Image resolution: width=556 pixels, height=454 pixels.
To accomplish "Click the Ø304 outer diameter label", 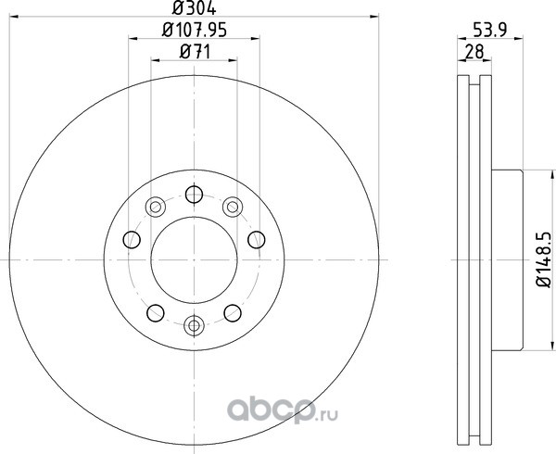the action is click(x=194, y=7).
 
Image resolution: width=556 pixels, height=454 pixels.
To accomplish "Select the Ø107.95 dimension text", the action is click(x=194, y=31).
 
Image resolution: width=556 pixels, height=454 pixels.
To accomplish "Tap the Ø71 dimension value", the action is click(x=195, y=52).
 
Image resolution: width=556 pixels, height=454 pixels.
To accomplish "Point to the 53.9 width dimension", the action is click(x=490, y=31).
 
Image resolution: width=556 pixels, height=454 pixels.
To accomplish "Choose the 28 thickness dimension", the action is click(x=474, y=52).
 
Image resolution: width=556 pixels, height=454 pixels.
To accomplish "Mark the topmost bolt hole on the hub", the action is click(x=194, y=195).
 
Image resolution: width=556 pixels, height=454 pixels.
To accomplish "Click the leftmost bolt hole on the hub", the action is click(x=132, y=240).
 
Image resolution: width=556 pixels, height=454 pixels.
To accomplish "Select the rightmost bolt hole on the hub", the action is click(x=257, y=240).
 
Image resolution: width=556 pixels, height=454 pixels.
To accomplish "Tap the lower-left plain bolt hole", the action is click(x=156, y=313).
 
